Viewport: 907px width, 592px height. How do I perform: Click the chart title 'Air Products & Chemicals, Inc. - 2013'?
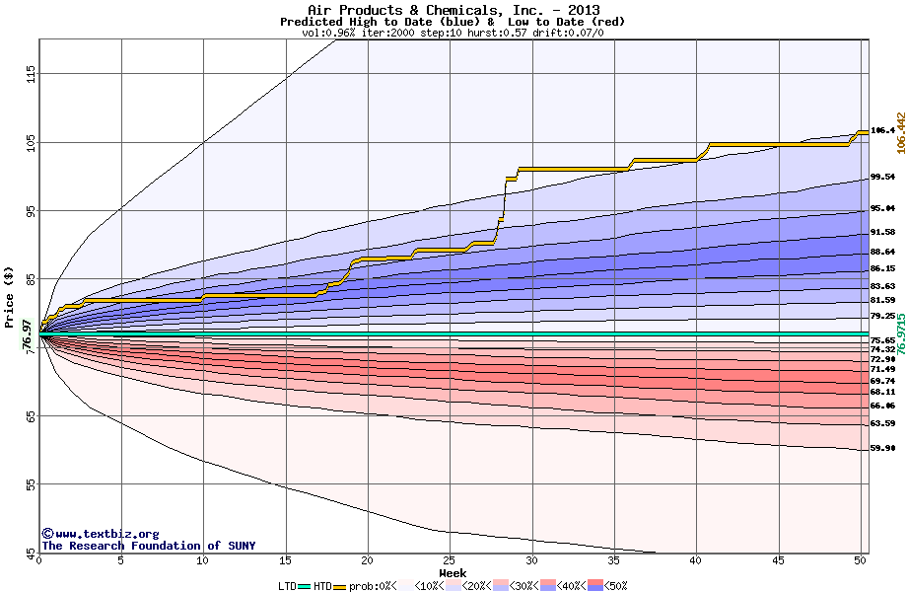tap(453, 9)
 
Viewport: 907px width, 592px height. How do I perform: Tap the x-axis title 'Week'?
tap(453, 573)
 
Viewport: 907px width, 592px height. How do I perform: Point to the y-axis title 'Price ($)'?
tap(9, 297)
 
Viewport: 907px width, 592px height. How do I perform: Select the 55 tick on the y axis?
tap(31, 484)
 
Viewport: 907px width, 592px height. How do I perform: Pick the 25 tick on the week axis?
tap(450, 560)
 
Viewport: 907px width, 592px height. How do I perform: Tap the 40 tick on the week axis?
tap(696, 560)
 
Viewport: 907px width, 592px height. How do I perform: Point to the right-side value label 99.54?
tap(881, 178)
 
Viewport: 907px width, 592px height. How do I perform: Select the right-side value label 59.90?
tap(881, 448)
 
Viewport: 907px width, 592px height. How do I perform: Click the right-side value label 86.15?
tap(881, 268)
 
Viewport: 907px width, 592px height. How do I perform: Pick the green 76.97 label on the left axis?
tap(26, 334)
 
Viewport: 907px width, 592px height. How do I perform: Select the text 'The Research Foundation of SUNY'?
tap(148, 546)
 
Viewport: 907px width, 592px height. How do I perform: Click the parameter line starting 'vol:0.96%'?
tap(453, 33)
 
